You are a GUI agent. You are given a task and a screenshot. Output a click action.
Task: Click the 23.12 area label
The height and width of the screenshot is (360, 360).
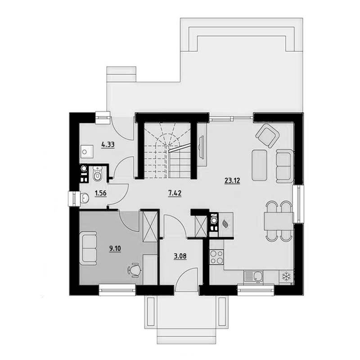tap(232, 181)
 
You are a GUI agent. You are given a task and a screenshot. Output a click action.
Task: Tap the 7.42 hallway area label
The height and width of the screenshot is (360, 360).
tap(175, 193)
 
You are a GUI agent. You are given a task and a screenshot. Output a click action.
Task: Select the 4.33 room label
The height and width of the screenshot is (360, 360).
tap(108, 145)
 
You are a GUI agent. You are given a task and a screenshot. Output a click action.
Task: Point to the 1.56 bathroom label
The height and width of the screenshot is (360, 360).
tap(100, 193)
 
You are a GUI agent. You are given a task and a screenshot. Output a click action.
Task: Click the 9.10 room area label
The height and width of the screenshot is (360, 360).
tap(115, 248)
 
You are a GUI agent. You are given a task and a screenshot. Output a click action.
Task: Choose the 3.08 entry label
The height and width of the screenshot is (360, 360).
tap(180, 256)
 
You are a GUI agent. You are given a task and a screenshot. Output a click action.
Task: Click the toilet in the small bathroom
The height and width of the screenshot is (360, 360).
tap(98, 174)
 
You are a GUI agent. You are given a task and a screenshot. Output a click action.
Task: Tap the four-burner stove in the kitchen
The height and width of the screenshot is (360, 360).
tap(216, 256)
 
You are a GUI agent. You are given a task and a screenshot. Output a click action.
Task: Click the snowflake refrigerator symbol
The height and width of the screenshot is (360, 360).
tap(286, 276)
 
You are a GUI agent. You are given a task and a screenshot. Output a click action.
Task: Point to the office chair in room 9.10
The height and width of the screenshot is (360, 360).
tap(134, 270)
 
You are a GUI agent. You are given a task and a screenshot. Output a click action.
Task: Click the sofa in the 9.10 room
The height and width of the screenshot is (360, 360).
tap(88, 248)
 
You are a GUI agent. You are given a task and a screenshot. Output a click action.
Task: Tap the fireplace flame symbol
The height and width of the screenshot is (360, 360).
tap(225, 223)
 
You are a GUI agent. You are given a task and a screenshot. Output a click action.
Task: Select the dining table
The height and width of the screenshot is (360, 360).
tap(279, 221)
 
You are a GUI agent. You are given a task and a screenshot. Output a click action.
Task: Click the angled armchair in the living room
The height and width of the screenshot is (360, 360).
tap(267, 135)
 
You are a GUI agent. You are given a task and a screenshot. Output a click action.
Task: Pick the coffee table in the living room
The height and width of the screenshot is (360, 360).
tap(260, 165)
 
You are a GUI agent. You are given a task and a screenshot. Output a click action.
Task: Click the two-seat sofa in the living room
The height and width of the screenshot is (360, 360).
tap(284, 166)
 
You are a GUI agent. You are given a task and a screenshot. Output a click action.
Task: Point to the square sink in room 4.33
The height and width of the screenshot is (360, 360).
tap(86, 151)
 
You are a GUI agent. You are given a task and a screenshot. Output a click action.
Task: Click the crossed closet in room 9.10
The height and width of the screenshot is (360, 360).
tap(150, 226)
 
